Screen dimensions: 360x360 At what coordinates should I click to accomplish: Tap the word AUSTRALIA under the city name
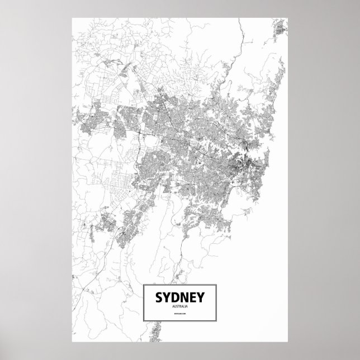(x=180, y=305)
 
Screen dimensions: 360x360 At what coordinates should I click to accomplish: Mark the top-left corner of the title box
(x=144, y=285)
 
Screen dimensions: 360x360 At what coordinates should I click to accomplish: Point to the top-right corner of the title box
(x=216, y=285)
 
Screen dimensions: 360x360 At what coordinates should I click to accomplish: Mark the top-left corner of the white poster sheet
(x=73, y=18)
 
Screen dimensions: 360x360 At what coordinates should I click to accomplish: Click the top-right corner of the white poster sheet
(x=287, y=18)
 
